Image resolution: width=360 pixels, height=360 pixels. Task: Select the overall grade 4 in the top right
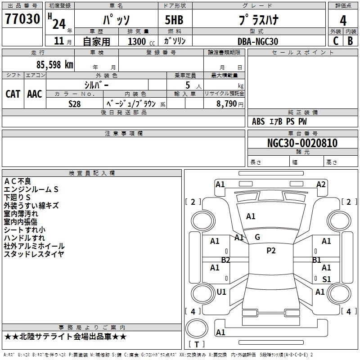(x=343, y=21)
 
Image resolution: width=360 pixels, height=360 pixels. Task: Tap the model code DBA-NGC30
(x=258, y=41)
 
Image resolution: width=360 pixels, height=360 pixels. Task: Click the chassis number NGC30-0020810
(x=302, y=143)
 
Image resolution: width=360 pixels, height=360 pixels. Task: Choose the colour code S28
(x=75, y=103)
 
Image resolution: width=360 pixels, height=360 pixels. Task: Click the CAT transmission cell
(x=13, y=94)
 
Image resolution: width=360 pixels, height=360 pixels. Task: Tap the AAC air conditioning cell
(x=35, y=94)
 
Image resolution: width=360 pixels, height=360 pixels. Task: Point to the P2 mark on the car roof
(x=271, y=251)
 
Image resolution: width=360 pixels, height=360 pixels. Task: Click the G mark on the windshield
(x=257, y=237)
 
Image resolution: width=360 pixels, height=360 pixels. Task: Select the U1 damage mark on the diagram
(x=221, y=292)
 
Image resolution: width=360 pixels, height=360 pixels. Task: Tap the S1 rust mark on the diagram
(x=327, y=279)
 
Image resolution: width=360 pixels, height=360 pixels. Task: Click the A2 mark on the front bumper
(x=321, y=184)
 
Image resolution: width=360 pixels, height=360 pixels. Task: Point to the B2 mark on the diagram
(x=225, y=260)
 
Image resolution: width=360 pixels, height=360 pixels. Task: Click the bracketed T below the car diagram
(x=196, y=345)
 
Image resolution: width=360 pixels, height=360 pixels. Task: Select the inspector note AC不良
(x=18, y=181)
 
